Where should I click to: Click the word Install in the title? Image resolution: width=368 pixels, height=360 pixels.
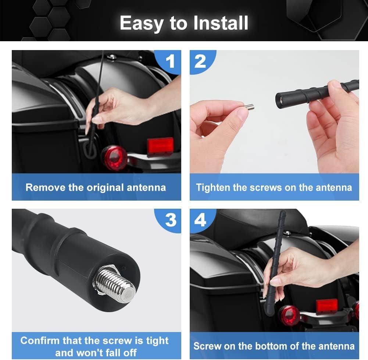[221, 23]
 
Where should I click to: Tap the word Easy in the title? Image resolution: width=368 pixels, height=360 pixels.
[142, 24]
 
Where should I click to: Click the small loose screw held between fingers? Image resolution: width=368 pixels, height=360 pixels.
[249, 107]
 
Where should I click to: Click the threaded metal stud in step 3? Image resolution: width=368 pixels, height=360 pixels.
[115, 285]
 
